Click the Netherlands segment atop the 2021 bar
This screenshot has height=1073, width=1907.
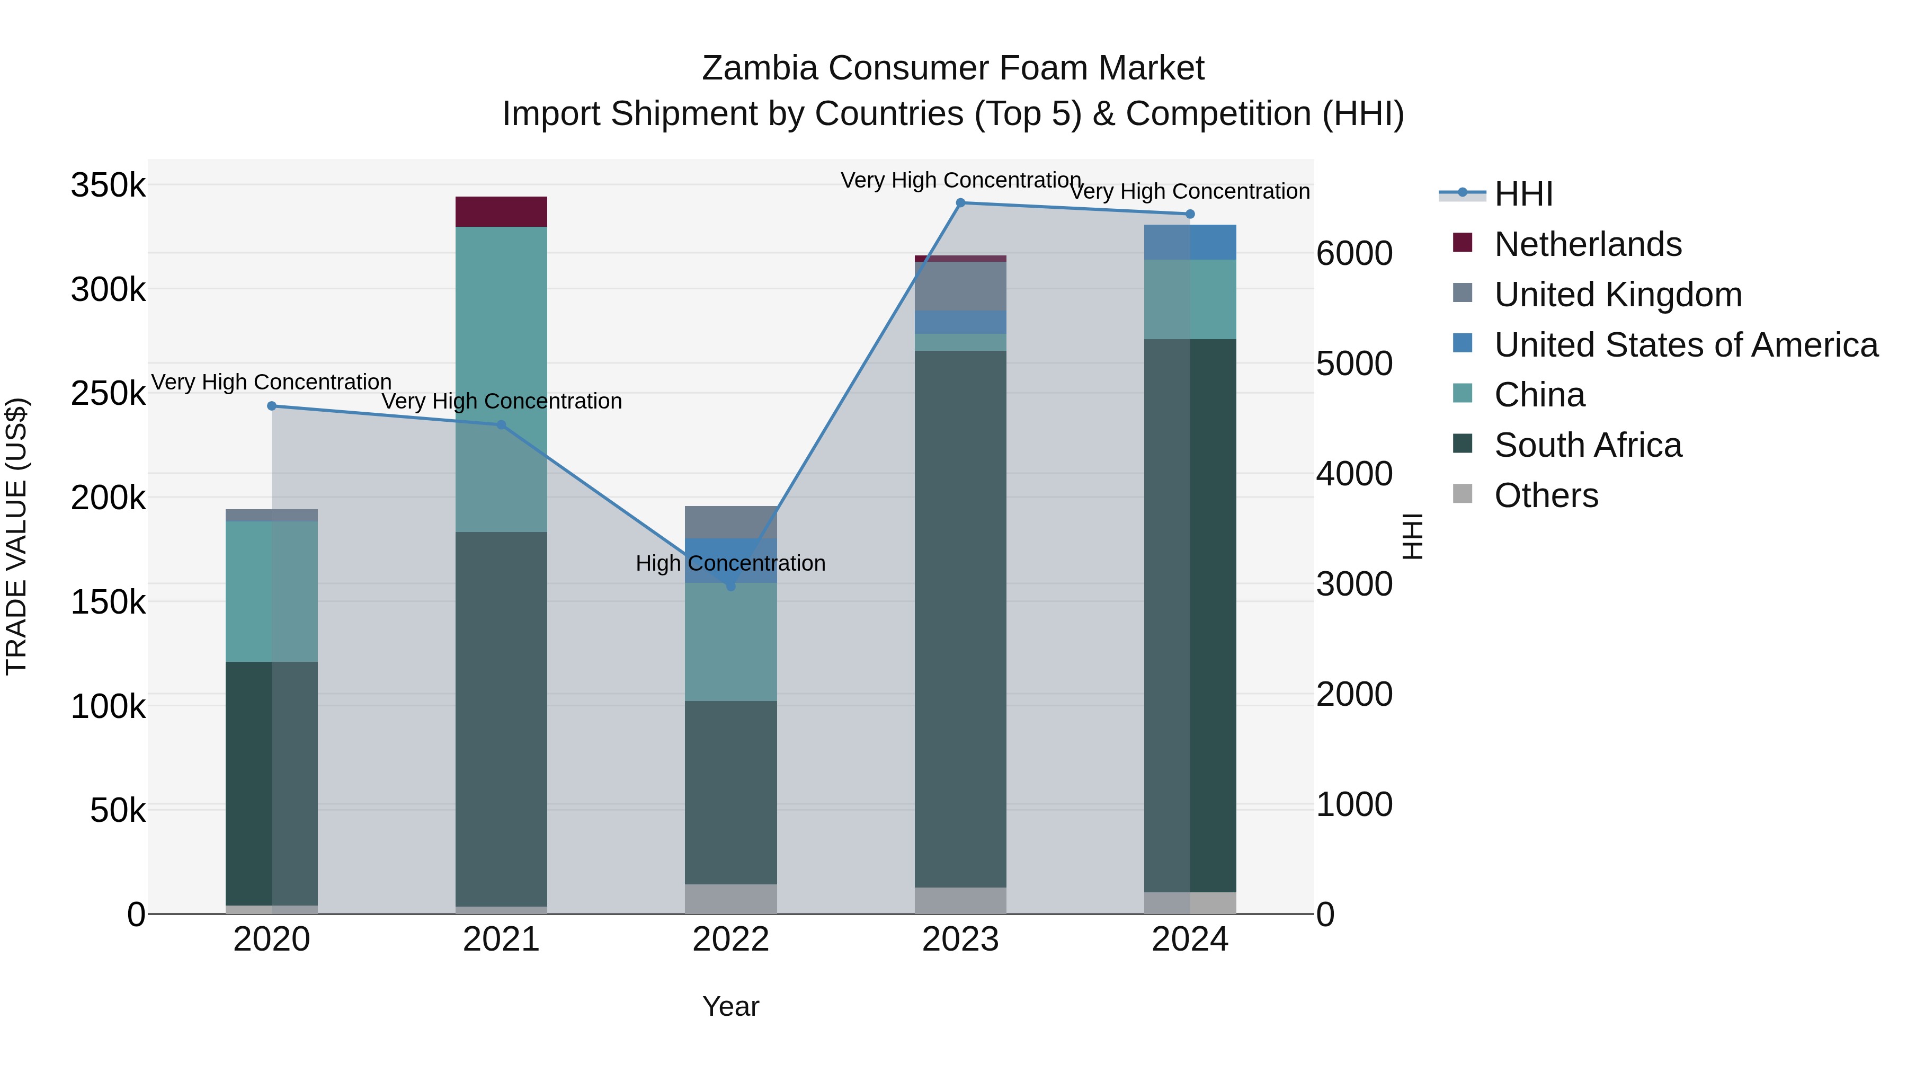click(501, 212)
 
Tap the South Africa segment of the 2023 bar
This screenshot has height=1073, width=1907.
click(960, 618)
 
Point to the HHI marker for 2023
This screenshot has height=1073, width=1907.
click(960, 203)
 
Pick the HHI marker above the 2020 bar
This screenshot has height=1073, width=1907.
click(272, 406)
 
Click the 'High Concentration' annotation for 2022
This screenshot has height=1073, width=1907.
click(730, 564)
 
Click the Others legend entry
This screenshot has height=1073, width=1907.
click(1546, 495)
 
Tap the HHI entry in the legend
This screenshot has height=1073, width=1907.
click(1523, 194)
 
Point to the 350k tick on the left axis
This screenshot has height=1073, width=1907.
click(108, 185)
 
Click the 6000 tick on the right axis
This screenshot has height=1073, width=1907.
click(1354, 253)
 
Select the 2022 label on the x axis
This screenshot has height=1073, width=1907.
click(730, 939)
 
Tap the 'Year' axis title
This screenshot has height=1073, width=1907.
click(730, 1006)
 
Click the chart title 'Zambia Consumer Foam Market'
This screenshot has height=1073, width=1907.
click(953, 68)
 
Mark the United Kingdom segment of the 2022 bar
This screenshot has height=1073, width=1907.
click(730, 522)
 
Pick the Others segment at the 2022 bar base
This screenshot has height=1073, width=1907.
click(730, 898)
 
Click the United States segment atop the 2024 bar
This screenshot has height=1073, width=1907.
click(1190, 242)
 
